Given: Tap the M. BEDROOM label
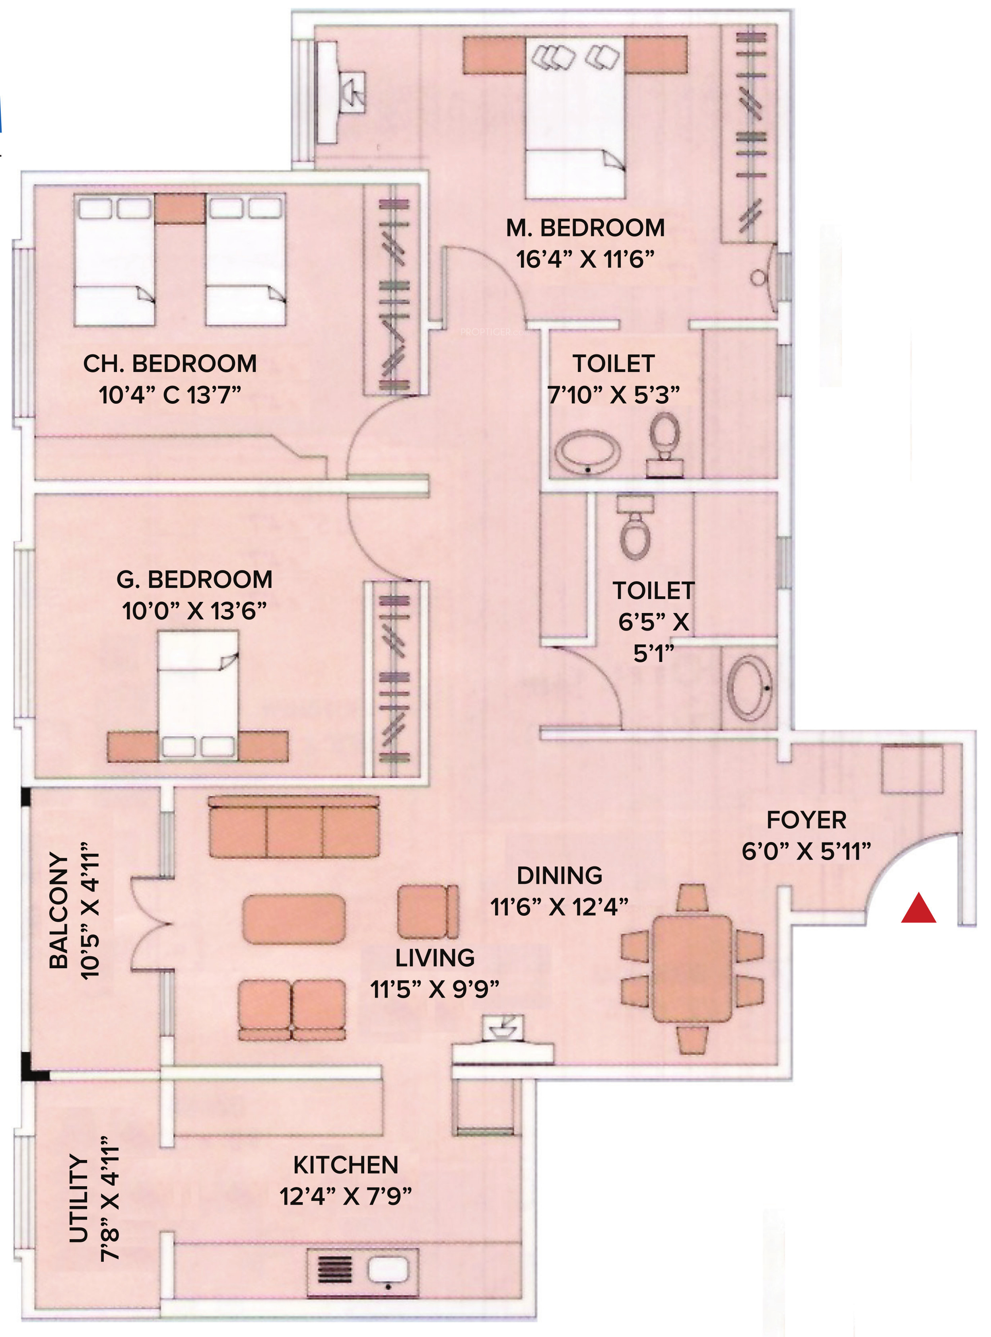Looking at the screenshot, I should point(585,228).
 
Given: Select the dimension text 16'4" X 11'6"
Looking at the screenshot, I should point(585,259).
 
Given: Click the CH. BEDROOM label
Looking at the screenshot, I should point(170,364).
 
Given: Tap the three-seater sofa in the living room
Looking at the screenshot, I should point(294,827).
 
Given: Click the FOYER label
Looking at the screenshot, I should point(806,820).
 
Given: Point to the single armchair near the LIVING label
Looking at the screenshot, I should point(427,911).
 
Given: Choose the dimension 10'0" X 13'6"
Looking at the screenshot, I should point(194,611).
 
